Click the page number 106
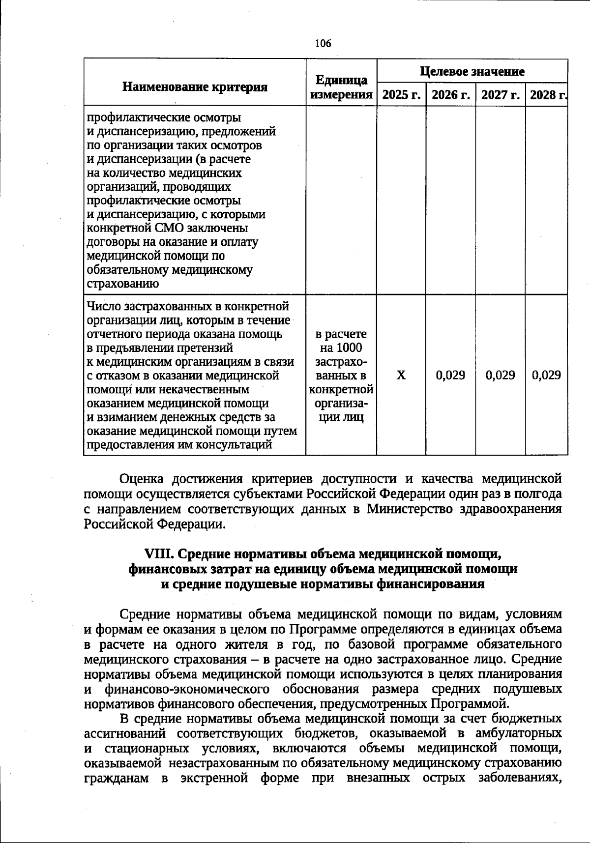pos(323,43)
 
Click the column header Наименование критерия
pos(195,87)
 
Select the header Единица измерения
pos(342,87)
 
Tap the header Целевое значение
pos(472,71)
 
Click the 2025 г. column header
pos(401,94)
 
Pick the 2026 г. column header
pos(451,94)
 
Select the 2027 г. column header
pos(501,94)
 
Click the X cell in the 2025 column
pos(401,376)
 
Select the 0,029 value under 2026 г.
pos(451,376)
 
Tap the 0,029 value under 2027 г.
pos(501,376)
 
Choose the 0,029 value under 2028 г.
pos(547,376)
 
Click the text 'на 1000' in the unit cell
pos(341,348)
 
